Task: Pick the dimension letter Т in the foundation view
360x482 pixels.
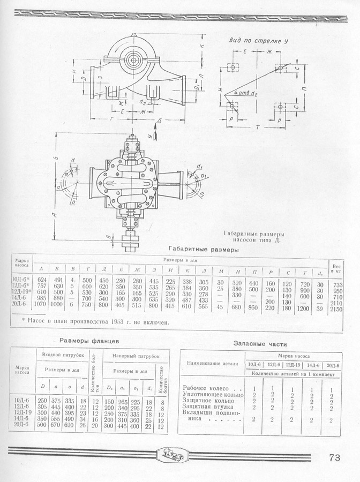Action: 258,129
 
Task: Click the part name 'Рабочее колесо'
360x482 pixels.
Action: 206,388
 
